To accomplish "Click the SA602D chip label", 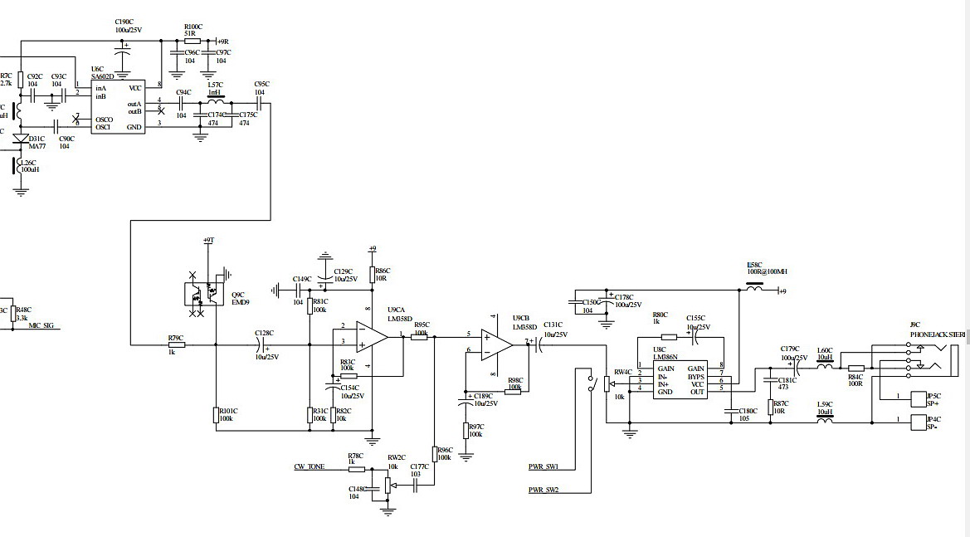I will coord(103,76).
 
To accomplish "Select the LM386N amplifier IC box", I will coord(680,380).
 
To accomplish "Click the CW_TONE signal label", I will coord(310,466).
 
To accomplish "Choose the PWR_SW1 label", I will coord(543,466).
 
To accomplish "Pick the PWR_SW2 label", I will coord(543,490).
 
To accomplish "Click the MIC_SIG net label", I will coord(41,325).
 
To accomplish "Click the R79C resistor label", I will coord(175,338).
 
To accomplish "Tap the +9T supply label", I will coord(207,240).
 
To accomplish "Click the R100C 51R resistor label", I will coord(193,30).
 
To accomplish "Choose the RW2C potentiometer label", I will coord(396,456).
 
